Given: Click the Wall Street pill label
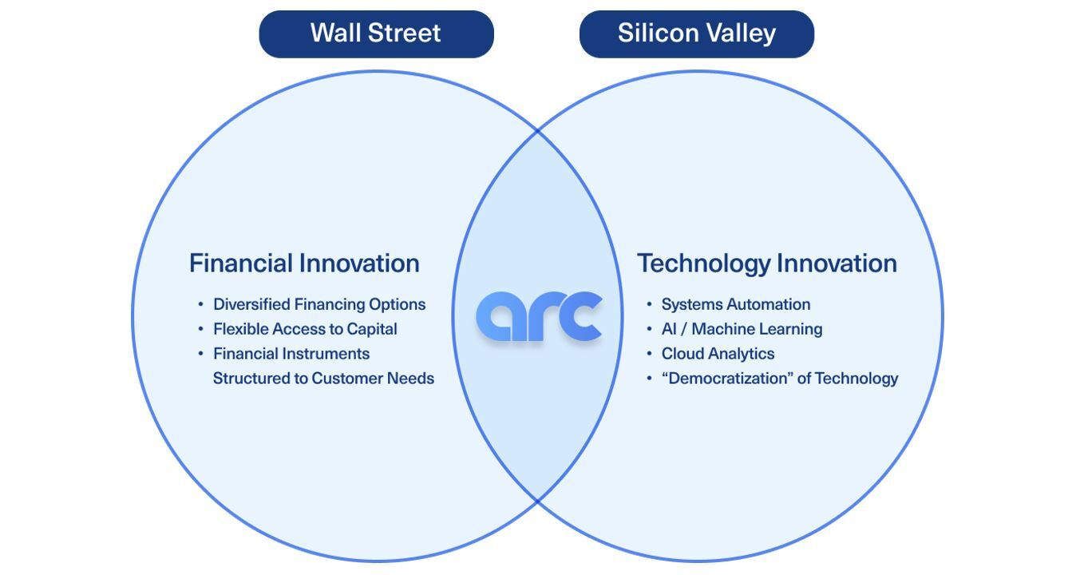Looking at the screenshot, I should tap(376, 34).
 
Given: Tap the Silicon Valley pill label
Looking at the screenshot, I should tap(696, 34).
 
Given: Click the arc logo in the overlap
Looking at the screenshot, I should tap(539, 317).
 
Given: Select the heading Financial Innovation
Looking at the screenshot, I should tap(304, 264).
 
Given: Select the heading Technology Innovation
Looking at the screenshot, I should tap(766, 264).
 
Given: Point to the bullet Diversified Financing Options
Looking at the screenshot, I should tap(318, 304).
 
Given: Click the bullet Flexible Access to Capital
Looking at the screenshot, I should tap(304, 329).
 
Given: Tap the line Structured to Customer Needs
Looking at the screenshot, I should tap(323, 379).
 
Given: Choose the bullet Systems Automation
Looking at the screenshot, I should tap(735, 304).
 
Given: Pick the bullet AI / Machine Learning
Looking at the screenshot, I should tap(742, 329).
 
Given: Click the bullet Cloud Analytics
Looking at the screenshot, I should tap(718, 354).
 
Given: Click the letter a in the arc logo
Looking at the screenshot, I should tap(501, 317).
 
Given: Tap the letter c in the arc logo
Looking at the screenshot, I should tap(580, 317).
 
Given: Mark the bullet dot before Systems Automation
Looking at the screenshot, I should tap(650, 305).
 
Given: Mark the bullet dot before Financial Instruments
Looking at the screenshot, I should tap(201, 354).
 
